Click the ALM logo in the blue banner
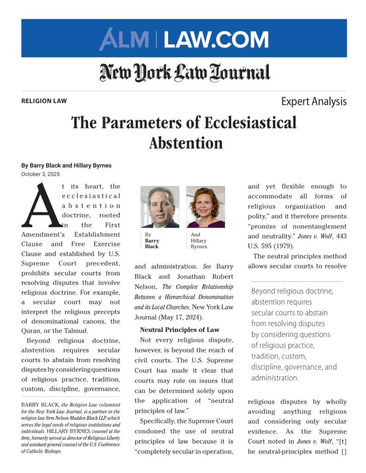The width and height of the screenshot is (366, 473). pyautogui.click(x=124, y=39)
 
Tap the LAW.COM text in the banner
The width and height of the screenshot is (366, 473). pyautogui.click(x=216, y=39)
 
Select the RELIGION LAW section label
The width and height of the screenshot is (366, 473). pyautogui.click(x=44, y=101)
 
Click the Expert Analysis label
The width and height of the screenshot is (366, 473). pyautogui.click(x=313, y=101)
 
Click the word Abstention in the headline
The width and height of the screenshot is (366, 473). pyautogui.click(x=186, y=143)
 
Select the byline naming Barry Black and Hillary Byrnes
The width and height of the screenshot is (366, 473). pyautogui.click(x=66, y=165)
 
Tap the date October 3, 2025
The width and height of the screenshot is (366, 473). pyautogui.click(x=41, y=174)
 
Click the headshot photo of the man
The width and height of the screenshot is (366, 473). pyautogui.click(x=160, y=207)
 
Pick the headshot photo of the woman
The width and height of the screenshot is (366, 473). pyautogui.click(x=205, y=207)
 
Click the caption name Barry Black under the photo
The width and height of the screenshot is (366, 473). pyautogui.click(x=152, y=243)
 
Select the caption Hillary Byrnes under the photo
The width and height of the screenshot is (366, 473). pyautogui.click(x=198, y=243)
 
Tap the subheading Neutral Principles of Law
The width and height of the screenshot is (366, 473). pyautogui.click(x=180, y=330)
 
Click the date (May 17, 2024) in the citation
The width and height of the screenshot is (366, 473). pyautogui.click(x=179, y=318)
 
